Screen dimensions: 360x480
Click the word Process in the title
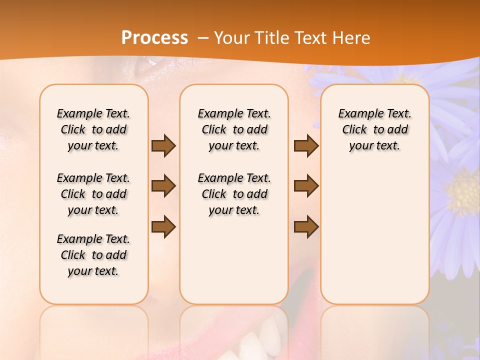[154, 38]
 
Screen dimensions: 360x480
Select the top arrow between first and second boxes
[163, 145]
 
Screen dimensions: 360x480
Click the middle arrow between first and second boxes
[163, 186]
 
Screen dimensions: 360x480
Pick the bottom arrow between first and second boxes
[163, 226]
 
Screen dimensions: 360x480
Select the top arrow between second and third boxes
[306, 145]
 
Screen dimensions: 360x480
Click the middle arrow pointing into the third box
[306, 186]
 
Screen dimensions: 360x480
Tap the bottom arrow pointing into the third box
[306, 226]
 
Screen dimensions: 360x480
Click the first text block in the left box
[93, 129]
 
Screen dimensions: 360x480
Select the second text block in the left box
[93, 194]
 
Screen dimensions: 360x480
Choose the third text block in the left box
[93, 255]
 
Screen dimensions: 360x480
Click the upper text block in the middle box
[234, 129]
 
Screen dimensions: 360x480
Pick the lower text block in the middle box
[234, 194]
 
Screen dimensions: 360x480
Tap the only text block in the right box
[374, 129]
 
